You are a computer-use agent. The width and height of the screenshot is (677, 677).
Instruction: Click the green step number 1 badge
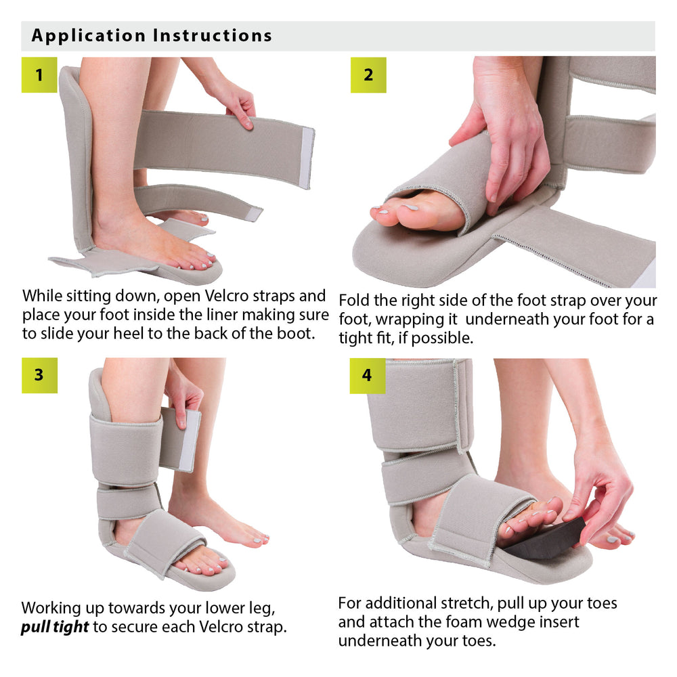(39, 75)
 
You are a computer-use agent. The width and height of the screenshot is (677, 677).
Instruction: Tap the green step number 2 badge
(368, 75)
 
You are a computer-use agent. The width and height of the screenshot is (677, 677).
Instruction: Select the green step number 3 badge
(39, 376)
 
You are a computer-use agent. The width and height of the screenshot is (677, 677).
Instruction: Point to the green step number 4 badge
(367, 376)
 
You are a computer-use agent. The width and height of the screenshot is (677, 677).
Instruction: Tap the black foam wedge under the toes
(545, 539)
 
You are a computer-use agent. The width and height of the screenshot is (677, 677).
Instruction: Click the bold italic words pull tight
(55, 627)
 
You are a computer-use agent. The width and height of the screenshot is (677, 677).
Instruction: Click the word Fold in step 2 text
(354, 300)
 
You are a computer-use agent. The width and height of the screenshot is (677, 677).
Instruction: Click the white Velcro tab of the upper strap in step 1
(307, 158)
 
